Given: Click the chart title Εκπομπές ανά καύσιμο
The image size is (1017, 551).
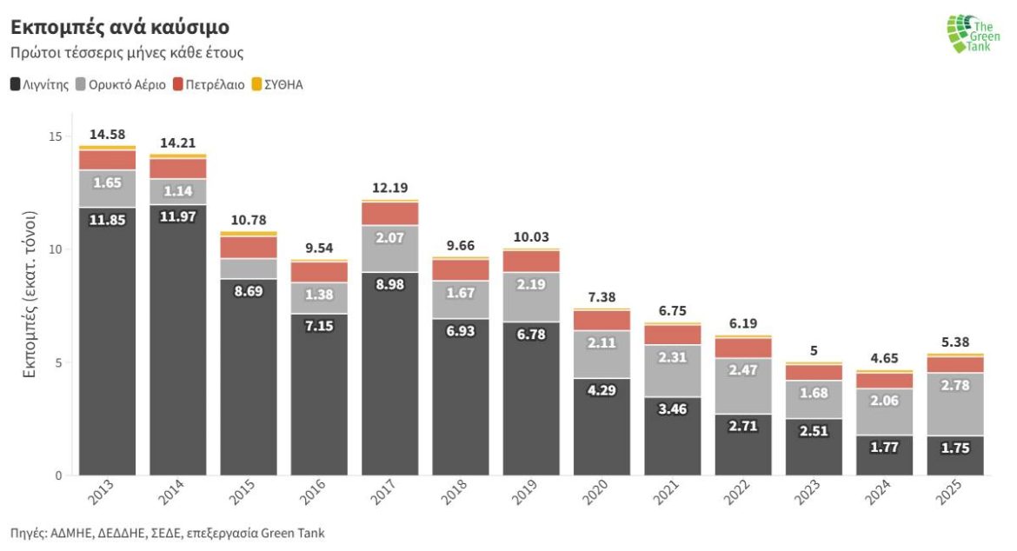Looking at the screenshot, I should click(x=120, y=26).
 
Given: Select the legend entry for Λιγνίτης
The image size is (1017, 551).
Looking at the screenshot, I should click(x=40, y=85).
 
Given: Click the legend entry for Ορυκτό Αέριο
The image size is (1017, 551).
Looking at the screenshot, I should click(x=121, y=85).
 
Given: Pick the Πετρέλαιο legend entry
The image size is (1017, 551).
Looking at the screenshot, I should click(x=209, y=85).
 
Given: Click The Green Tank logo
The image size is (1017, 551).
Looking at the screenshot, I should click(x=974, y=34).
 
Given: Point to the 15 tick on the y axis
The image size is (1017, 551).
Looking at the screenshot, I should click(x=55, y=136).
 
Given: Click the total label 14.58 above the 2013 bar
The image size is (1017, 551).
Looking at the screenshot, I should click(x=107, y=134).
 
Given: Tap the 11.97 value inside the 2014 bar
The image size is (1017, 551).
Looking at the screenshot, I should click(x=177, y=216).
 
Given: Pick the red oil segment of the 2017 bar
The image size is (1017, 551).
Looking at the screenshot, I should click(x=390, y=214).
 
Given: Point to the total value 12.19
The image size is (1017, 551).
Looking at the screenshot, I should click(x=390, y=188).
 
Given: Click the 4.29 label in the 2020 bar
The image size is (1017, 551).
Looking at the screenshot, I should click(x=602, y=390).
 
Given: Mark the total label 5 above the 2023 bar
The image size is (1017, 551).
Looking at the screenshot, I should click(x=814, y=351).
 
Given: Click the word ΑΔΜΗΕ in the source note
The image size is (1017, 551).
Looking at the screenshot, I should click(x=71, y=533).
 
